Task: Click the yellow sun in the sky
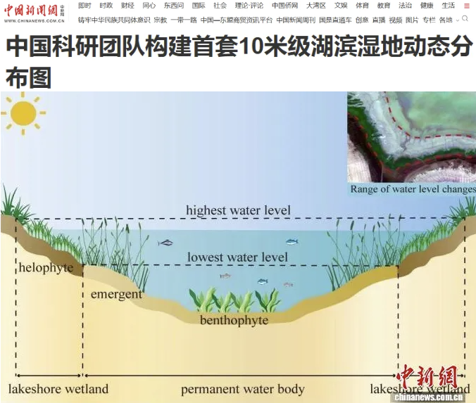tap(23, 113)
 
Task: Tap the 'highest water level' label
tap(238, 210)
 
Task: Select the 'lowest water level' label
tap(237, 257)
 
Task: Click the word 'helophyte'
tap(46, 268)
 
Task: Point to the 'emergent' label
tap(116, 295)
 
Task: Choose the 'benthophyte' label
tap(234, 321)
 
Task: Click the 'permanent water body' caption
tap(242, 390)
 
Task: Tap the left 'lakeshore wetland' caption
tap(58, 389)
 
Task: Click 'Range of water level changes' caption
tap(413, 189)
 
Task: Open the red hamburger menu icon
tap(467, 6)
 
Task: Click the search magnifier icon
tap(465, 19)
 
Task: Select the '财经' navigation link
tap(127, 6)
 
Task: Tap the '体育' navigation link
tap(362, 6)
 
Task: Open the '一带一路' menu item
tap(184, 20)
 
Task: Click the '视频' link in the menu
tap(396, 20)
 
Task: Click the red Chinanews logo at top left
tap(34, 13)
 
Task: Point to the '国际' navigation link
tap(199, 6)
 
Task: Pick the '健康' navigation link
tap(427, 6)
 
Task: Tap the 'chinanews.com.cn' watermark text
tap(429, 397)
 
